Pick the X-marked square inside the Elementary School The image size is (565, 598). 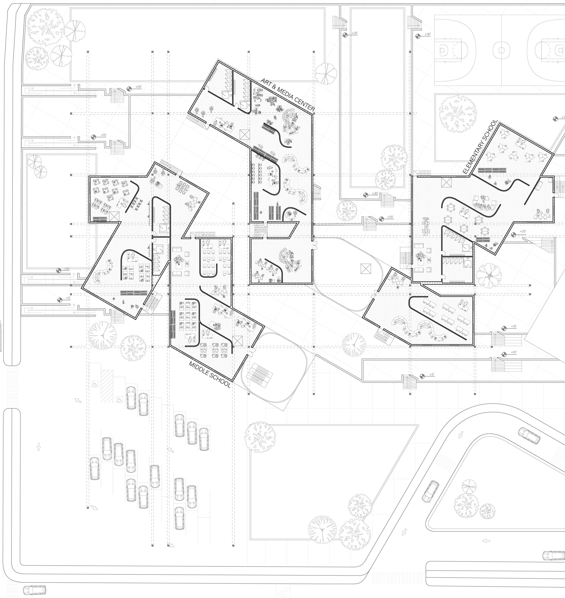(446, 182)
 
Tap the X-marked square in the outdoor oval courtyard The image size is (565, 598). (366, 268)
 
